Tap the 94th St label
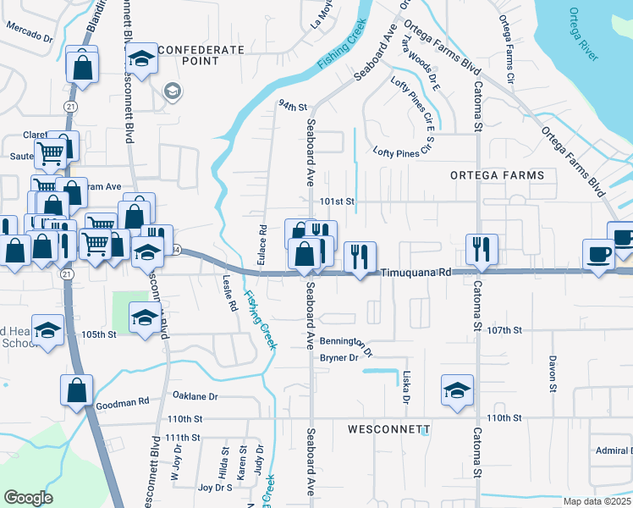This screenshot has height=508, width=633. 291,106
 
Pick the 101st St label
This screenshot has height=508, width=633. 336,202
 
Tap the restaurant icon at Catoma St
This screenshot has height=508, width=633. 482,249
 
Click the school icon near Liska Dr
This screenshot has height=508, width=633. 457,390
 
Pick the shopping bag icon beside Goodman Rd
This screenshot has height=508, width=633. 76,390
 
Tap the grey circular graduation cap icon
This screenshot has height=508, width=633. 172,91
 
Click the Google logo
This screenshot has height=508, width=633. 28,498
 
